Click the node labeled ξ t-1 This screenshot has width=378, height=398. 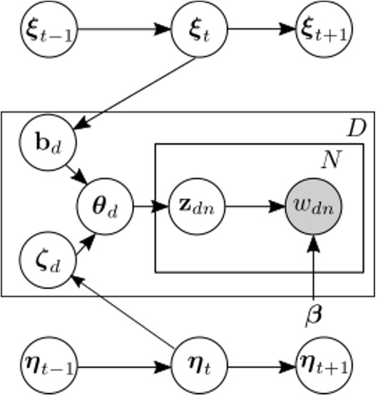tap(48, 31)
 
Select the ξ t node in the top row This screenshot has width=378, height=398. tap(195, 31)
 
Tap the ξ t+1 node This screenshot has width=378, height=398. tap(320, 31)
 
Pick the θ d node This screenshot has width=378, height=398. tap(105, 208)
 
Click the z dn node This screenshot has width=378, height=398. tap(195, 208)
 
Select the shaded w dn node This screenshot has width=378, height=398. tap(312, 208)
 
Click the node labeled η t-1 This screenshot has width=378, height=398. tap(48, 368)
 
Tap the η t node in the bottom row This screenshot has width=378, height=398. tap(195, 368)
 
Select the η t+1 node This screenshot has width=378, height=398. tap(320, 368)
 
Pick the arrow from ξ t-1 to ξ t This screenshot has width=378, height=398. tap(121, 31)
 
